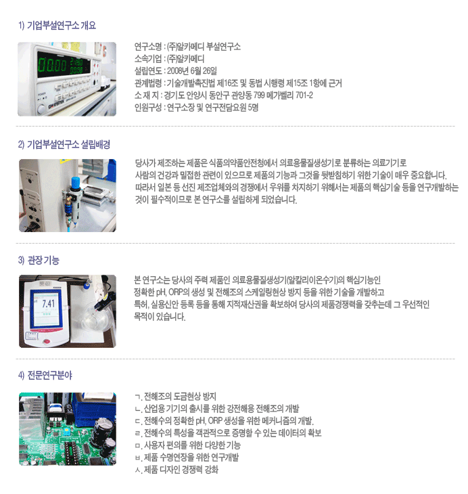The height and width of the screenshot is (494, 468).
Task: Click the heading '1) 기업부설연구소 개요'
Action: pyautogui.click(x=57, y=25)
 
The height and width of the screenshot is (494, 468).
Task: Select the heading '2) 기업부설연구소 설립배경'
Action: pyautogui.click(x=64, y=145)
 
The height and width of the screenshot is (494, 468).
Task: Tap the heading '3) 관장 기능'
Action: pyautogui.click(x=39, y=261)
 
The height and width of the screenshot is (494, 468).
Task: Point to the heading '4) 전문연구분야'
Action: pyautogui.click(x=45, y=375)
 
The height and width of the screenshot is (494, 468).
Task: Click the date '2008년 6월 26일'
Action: pyautogui.click(x=192, y=71)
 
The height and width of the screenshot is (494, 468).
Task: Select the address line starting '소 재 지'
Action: pyautogui.click(x=224, y=95)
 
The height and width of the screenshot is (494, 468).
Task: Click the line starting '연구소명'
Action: pyautogui.click(x=187, y=47)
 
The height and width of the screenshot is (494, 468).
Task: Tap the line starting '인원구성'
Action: pyautogui.click(x=196, y=108)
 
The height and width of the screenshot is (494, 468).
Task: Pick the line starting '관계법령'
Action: pyautogui.click(x=238, y=83)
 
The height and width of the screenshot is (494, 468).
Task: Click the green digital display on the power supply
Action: pyautogui.click(x=64, y=65)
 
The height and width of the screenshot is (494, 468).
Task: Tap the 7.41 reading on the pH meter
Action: pyautogui.click(x=48, y=303)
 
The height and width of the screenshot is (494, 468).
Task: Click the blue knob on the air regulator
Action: pyautogui.click(x=74, y=183)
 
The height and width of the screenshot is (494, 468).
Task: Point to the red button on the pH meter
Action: pyautogui.click(x=46, y=342)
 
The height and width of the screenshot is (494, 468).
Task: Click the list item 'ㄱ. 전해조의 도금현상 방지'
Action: pyautogui.click(x=175, y=397)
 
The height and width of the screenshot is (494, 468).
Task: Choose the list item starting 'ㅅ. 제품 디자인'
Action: pyautogui.click(x=177, y=470)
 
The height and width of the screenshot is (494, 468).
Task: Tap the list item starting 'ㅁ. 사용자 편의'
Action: pyautogui.click(x=187, y=445)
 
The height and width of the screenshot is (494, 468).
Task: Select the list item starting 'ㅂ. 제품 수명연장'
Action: pyautogui.click(x=187, y=457)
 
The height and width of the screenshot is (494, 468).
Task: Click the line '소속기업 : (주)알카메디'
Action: pyautogui.click(x=170, y=59)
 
